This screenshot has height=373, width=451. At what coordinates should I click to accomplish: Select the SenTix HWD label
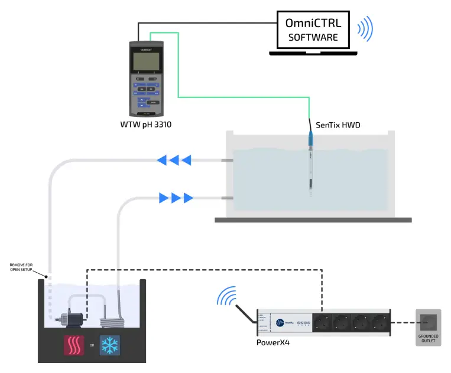click(338, 125)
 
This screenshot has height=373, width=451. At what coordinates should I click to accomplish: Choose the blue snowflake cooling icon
click(108, 346)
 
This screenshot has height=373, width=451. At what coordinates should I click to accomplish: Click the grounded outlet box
click(428, 328)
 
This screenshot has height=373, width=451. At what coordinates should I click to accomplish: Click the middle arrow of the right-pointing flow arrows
click(176, 198)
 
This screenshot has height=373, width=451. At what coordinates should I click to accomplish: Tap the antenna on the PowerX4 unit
click(245, 313)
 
